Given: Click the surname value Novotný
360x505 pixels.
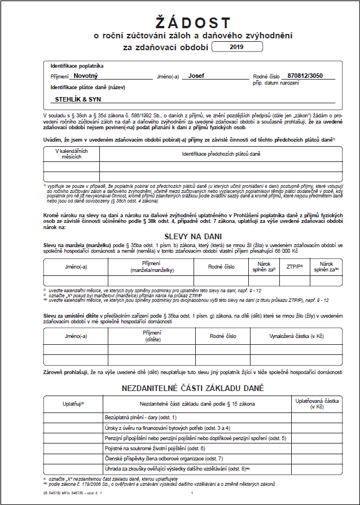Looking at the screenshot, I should pos(86,75).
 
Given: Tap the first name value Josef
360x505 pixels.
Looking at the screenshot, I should pos(196,75).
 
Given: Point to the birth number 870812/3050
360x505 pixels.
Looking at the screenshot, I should pos(305,75).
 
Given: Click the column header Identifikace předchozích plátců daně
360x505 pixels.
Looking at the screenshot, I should pos(221,153).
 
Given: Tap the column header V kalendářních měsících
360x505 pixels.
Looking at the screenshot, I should pos(68,153).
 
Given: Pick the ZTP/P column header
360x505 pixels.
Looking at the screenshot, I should pos(295,266).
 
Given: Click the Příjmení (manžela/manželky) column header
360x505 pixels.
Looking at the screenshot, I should pos(151,266).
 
